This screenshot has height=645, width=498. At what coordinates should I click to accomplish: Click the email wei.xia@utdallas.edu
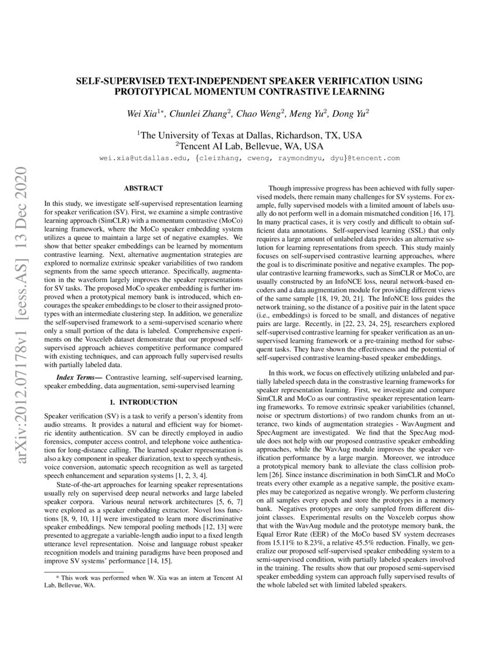[144, 158]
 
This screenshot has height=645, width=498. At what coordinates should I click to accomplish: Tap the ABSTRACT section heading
[143, 188]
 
